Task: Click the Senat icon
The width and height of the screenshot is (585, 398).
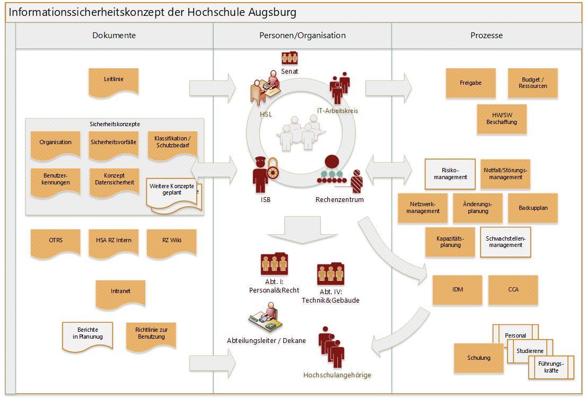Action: (x=290, y=58)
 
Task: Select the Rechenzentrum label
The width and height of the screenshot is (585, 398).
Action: (x=339, y=200)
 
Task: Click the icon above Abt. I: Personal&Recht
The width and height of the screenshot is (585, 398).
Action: (x=274, y=263)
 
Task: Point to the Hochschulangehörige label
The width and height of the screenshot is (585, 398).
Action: (x=337, y=375)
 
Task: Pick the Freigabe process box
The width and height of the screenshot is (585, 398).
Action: (x=470, y=83)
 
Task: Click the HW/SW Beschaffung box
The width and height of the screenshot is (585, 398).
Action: (x=501, y=119)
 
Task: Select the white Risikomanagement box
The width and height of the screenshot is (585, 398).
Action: (x=450, y=174)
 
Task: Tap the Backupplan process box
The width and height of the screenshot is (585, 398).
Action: (x=533, y=208)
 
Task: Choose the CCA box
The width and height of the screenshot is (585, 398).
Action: (x=513, y=289)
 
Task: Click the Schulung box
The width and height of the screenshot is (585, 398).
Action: (x=478, y=358)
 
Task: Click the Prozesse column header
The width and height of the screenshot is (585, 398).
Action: (x=486, y=36)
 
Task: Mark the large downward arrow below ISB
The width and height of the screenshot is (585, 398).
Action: (x=302, y=228)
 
